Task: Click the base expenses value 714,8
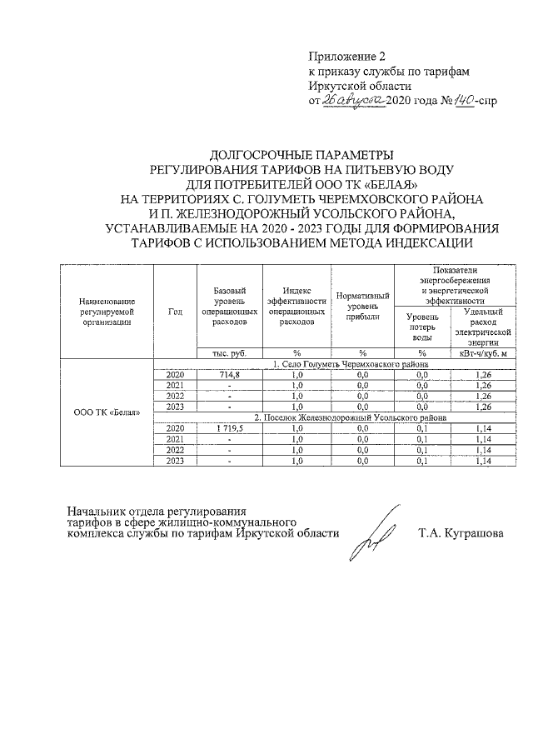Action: [x=229, y=375]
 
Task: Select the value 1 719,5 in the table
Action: [x=229, y=427]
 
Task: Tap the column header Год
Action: [x=175, y=312]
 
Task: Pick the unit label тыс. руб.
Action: [x=229, y=353]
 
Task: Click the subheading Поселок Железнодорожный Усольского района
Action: [x=351, y=417]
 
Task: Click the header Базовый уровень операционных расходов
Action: [x=229, y=305]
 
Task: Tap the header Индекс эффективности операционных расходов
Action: [x=296, y=305]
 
